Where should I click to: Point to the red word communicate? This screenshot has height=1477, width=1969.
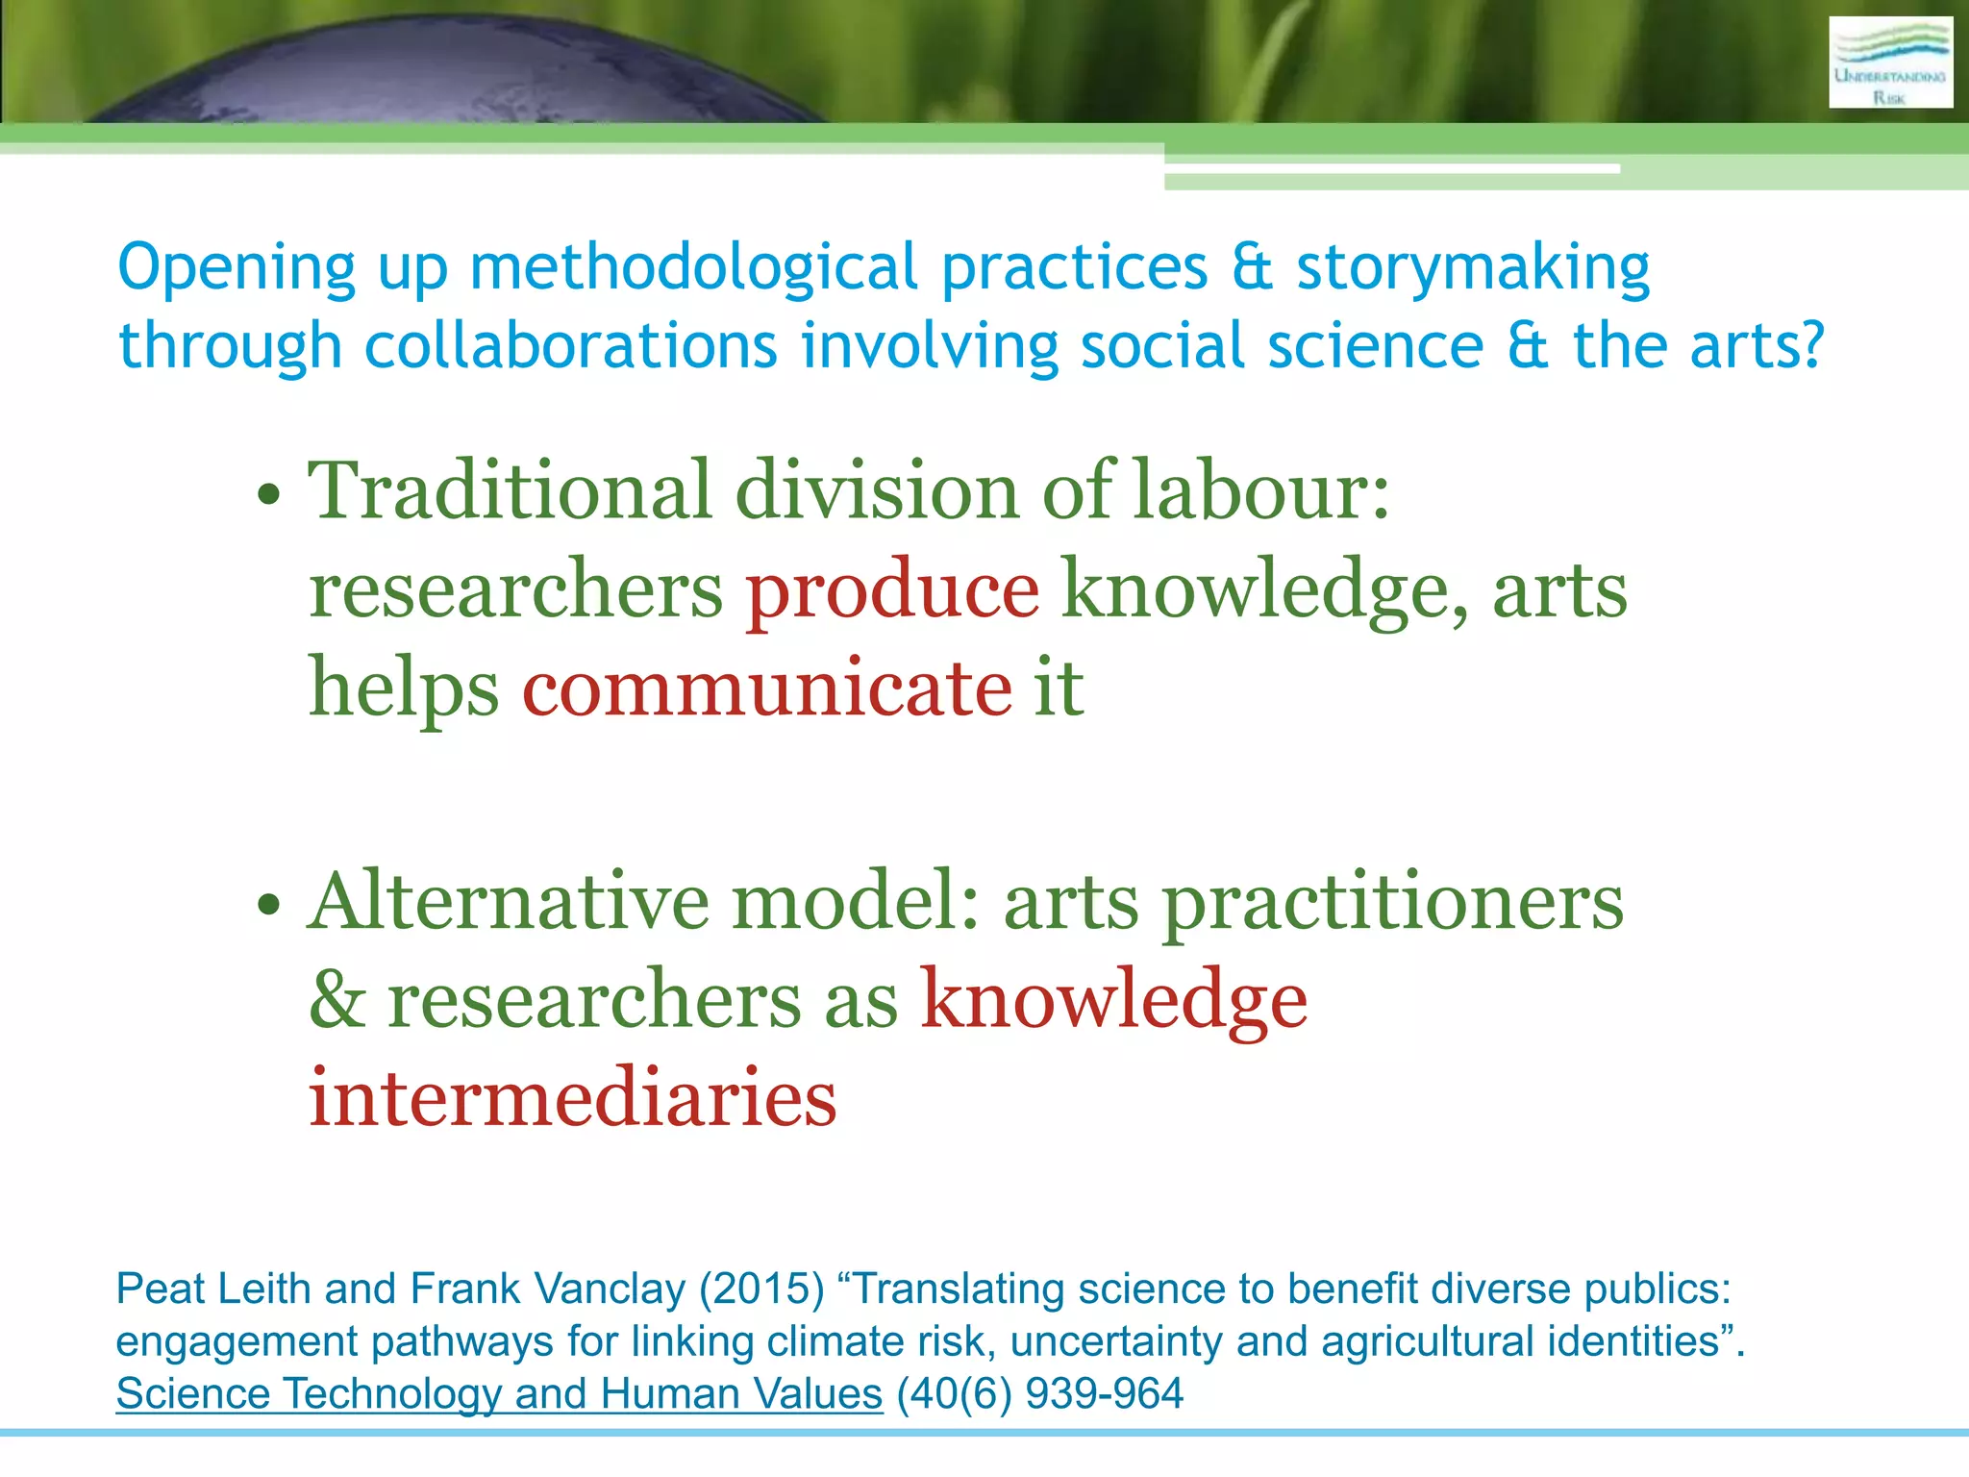pyautogui.click(x=766, y=688)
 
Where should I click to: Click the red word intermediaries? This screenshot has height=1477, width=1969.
pyautogui.click(x=572, y=1097)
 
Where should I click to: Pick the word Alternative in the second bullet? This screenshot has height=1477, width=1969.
pyautogui.click(x=510, y=901)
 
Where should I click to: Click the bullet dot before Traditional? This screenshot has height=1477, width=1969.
pyautogui.click(x=269, y=494)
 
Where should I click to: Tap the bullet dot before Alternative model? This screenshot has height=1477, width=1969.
pyautogui.click(x=269, y=905)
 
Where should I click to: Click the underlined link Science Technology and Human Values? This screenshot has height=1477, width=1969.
pyautogui.click(x=499, y=1393)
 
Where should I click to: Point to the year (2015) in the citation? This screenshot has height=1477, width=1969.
pyautogui.click(x=761, y=1289)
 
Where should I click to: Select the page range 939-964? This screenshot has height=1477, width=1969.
pyautogui.click(x=1104, y=1393)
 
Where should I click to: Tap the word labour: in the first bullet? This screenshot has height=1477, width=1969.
pyautogui.click(x=1260, y=490)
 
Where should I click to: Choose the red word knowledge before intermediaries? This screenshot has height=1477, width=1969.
pyautogui.click(x=1113, y=999)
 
